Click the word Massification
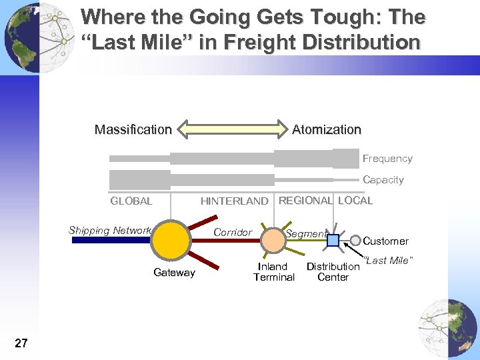[133, 129]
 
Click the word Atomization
[326, 129]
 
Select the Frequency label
[387, 159]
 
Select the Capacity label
[383, 180]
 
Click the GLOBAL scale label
[131, 201]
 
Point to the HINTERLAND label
[234, 201]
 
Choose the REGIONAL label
[305, 200]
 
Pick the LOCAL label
[355, 200]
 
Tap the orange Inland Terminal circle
[272, 240]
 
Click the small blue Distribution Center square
[333, 240]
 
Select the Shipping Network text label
[110, 231]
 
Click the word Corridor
[233, 233]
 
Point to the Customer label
[385, 241]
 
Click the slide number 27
[21, 343]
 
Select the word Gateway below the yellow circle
[174, 272]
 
